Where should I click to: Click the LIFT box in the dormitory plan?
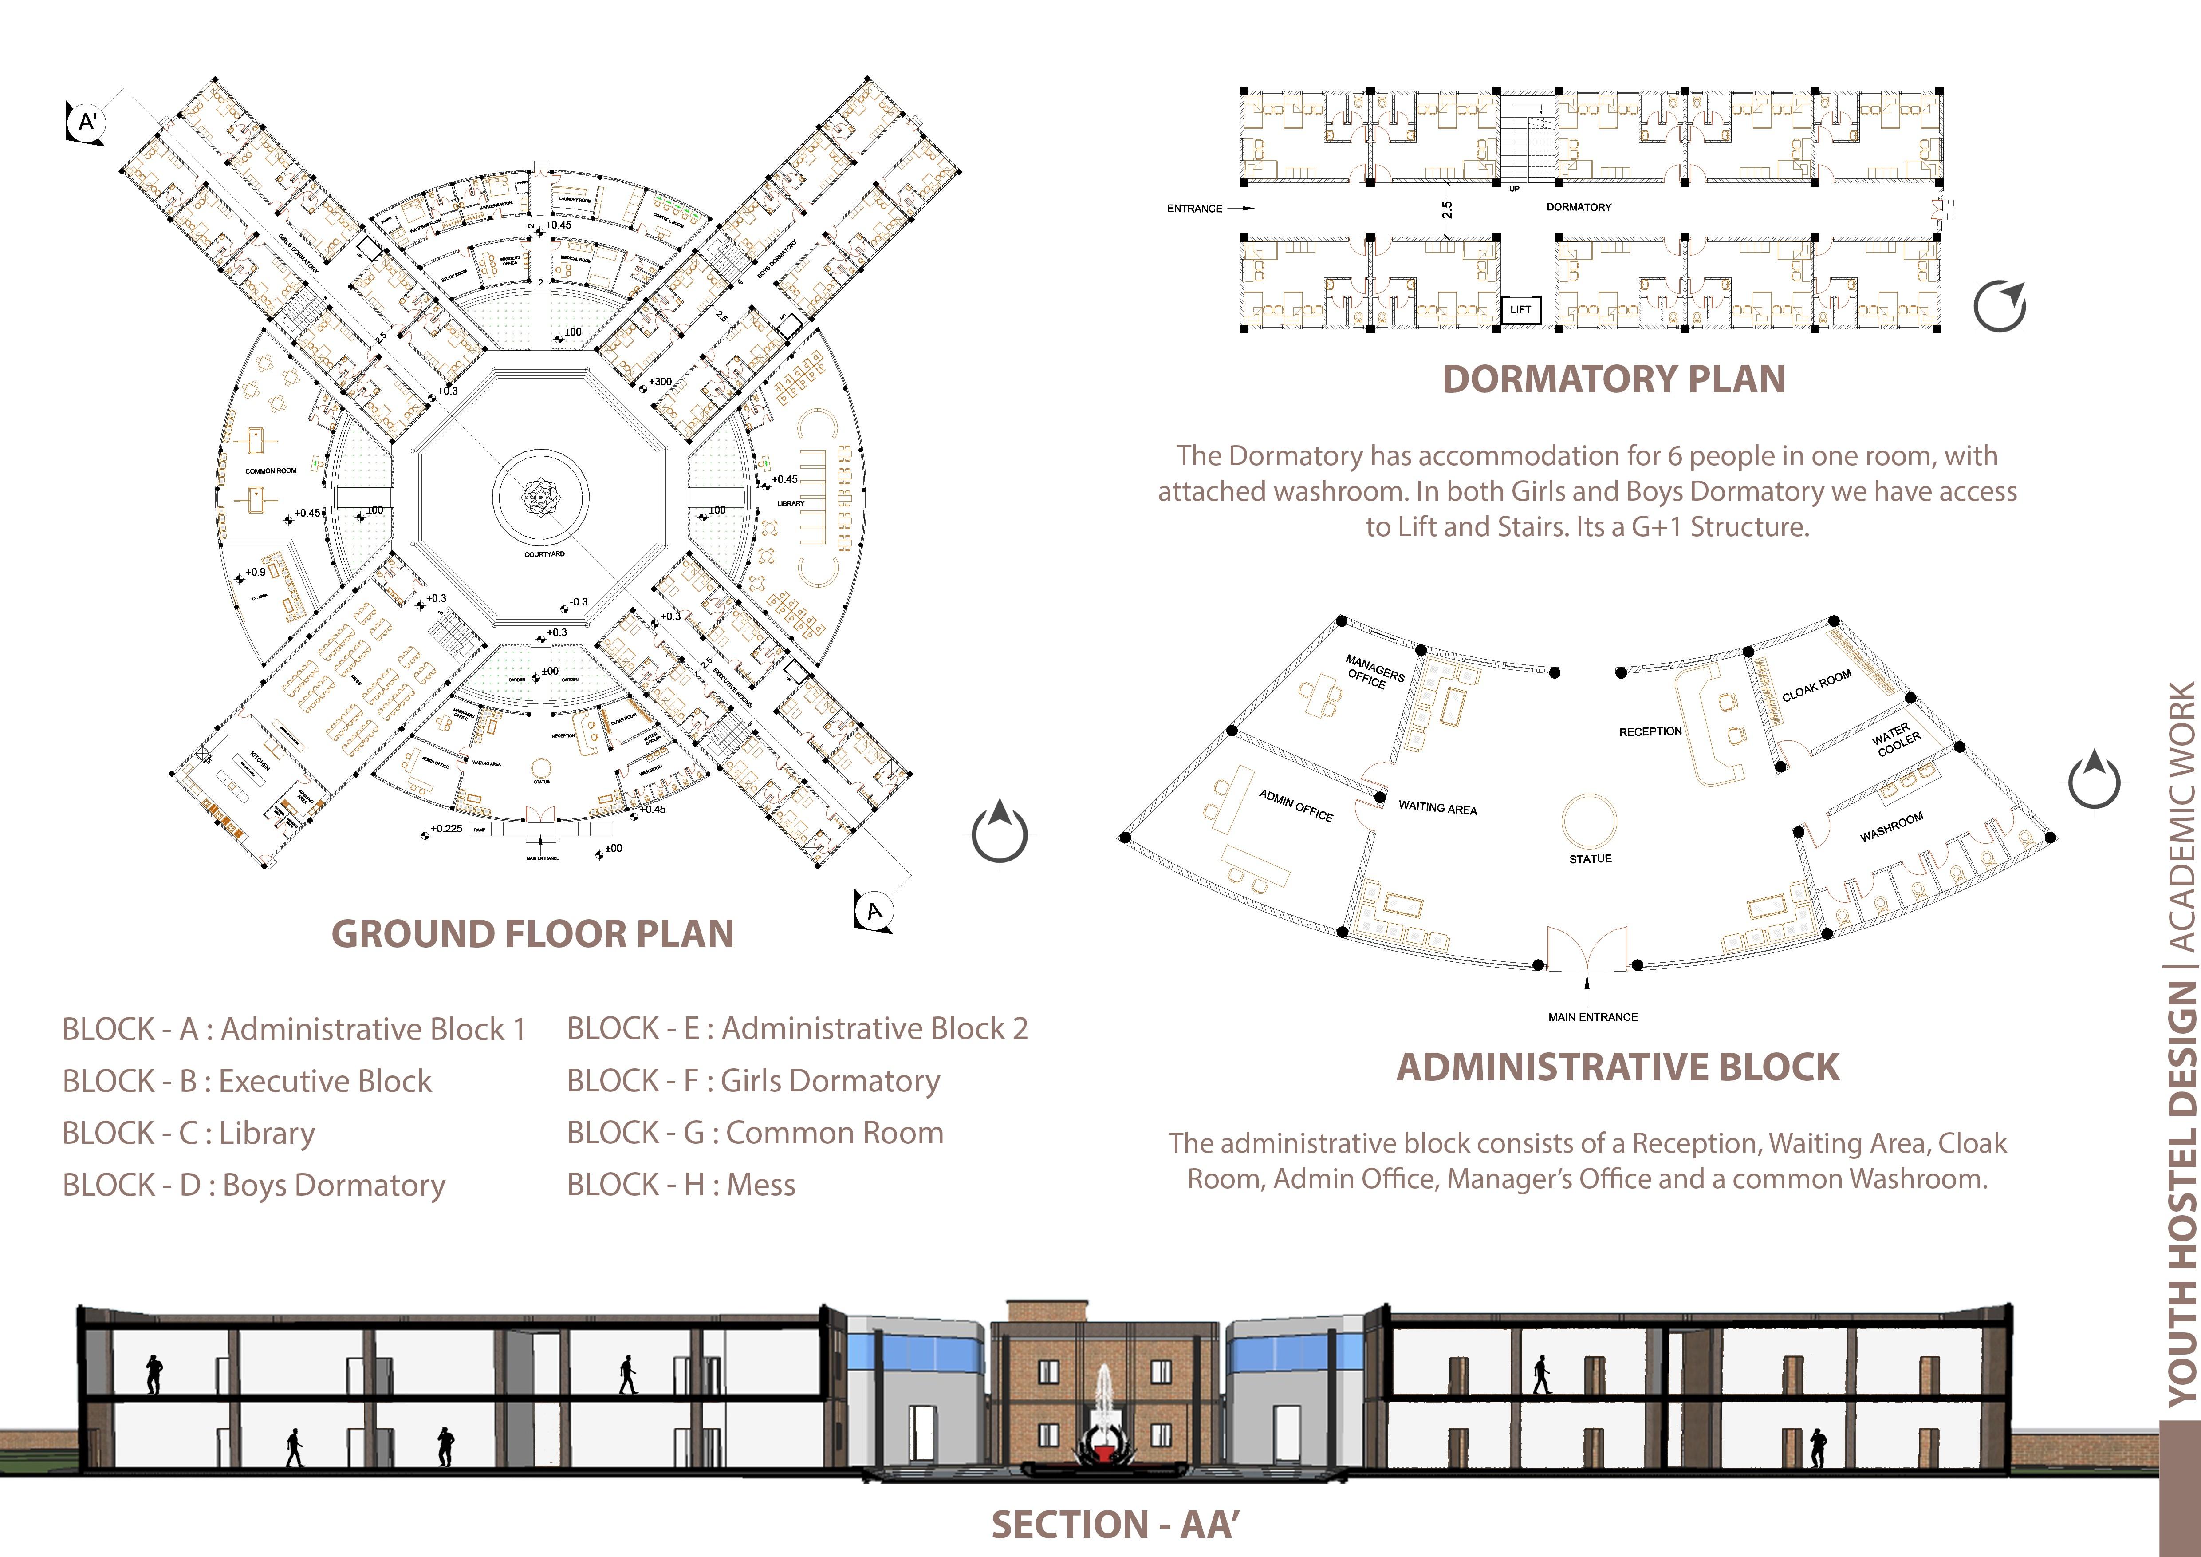click(x=1520, y=310)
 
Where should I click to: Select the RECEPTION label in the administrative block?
click(x=1650, y=731)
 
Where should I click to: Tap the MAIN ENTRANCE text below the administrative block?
click(x=1592, y=1017)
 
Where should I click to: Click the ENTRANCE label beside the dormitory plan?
click(x=1194, y=208)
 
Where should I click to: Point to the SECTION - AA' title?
click(x=1115, y=1525)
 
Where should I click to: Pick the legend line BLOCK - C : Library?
click(x=189, y=1133)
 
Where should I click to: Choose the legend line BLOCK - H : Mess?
click(x=681, y=1185)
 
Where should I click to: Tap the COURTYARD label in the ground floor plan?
click(x=543, y=554)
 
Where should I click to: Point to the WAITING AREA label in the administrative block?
click(x=1437, y=808)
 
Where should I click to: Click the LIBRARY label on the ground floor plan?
click(x=791, y=503)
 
